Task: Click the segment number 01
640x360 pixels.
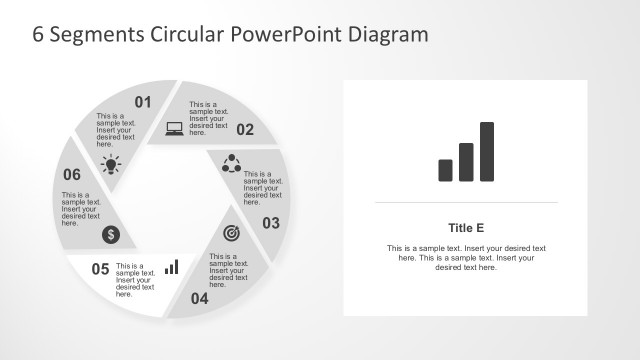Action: pyautogui.click(x=142, y=101)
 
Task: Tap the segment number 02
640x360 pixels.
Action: pyautogui.click(x=245, y=129)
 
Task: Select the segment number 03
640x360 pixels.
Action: pyautogui.click(x=271, y=223)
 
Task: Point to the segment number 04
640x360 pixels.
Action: pyautogui.click(x=200, y=298)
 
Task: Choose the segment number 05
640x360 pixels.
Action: pyautogui.click(x=100, y=268)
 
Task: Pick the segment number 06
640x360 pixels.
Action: pyautogui.click(x=72, y=175)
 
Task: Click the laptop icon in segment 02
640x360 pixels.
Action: pyautogui.click(x=174, y=128)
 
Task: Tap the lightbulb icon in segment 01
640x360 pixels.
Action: pyautogui.click(x=110, y=163)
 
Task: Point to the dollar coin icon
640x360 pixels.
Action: pyautogui.click(x=111, y=235)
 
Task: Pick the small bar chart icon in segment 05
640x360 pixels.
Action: pyautogui.click(x=172, y=267)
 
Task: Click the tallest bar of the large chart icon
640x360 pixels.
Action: pyautogui.click(x=487, y=152)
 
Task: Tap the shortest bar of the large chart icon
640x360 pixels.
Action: pyautogui.click(x=446, y=170)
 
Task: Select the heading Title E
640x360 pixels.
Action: pyautogui.click(x=467, y=227)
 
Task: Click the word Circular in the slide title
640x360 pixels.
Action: pyautogui.click(x=187, y=34)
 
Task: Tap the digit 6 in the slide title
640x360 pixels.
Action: pyautogui.click(x=39, y=34)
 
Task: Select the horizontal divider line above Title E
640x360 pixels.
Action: pyautogui.click(x=467, y=202)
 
